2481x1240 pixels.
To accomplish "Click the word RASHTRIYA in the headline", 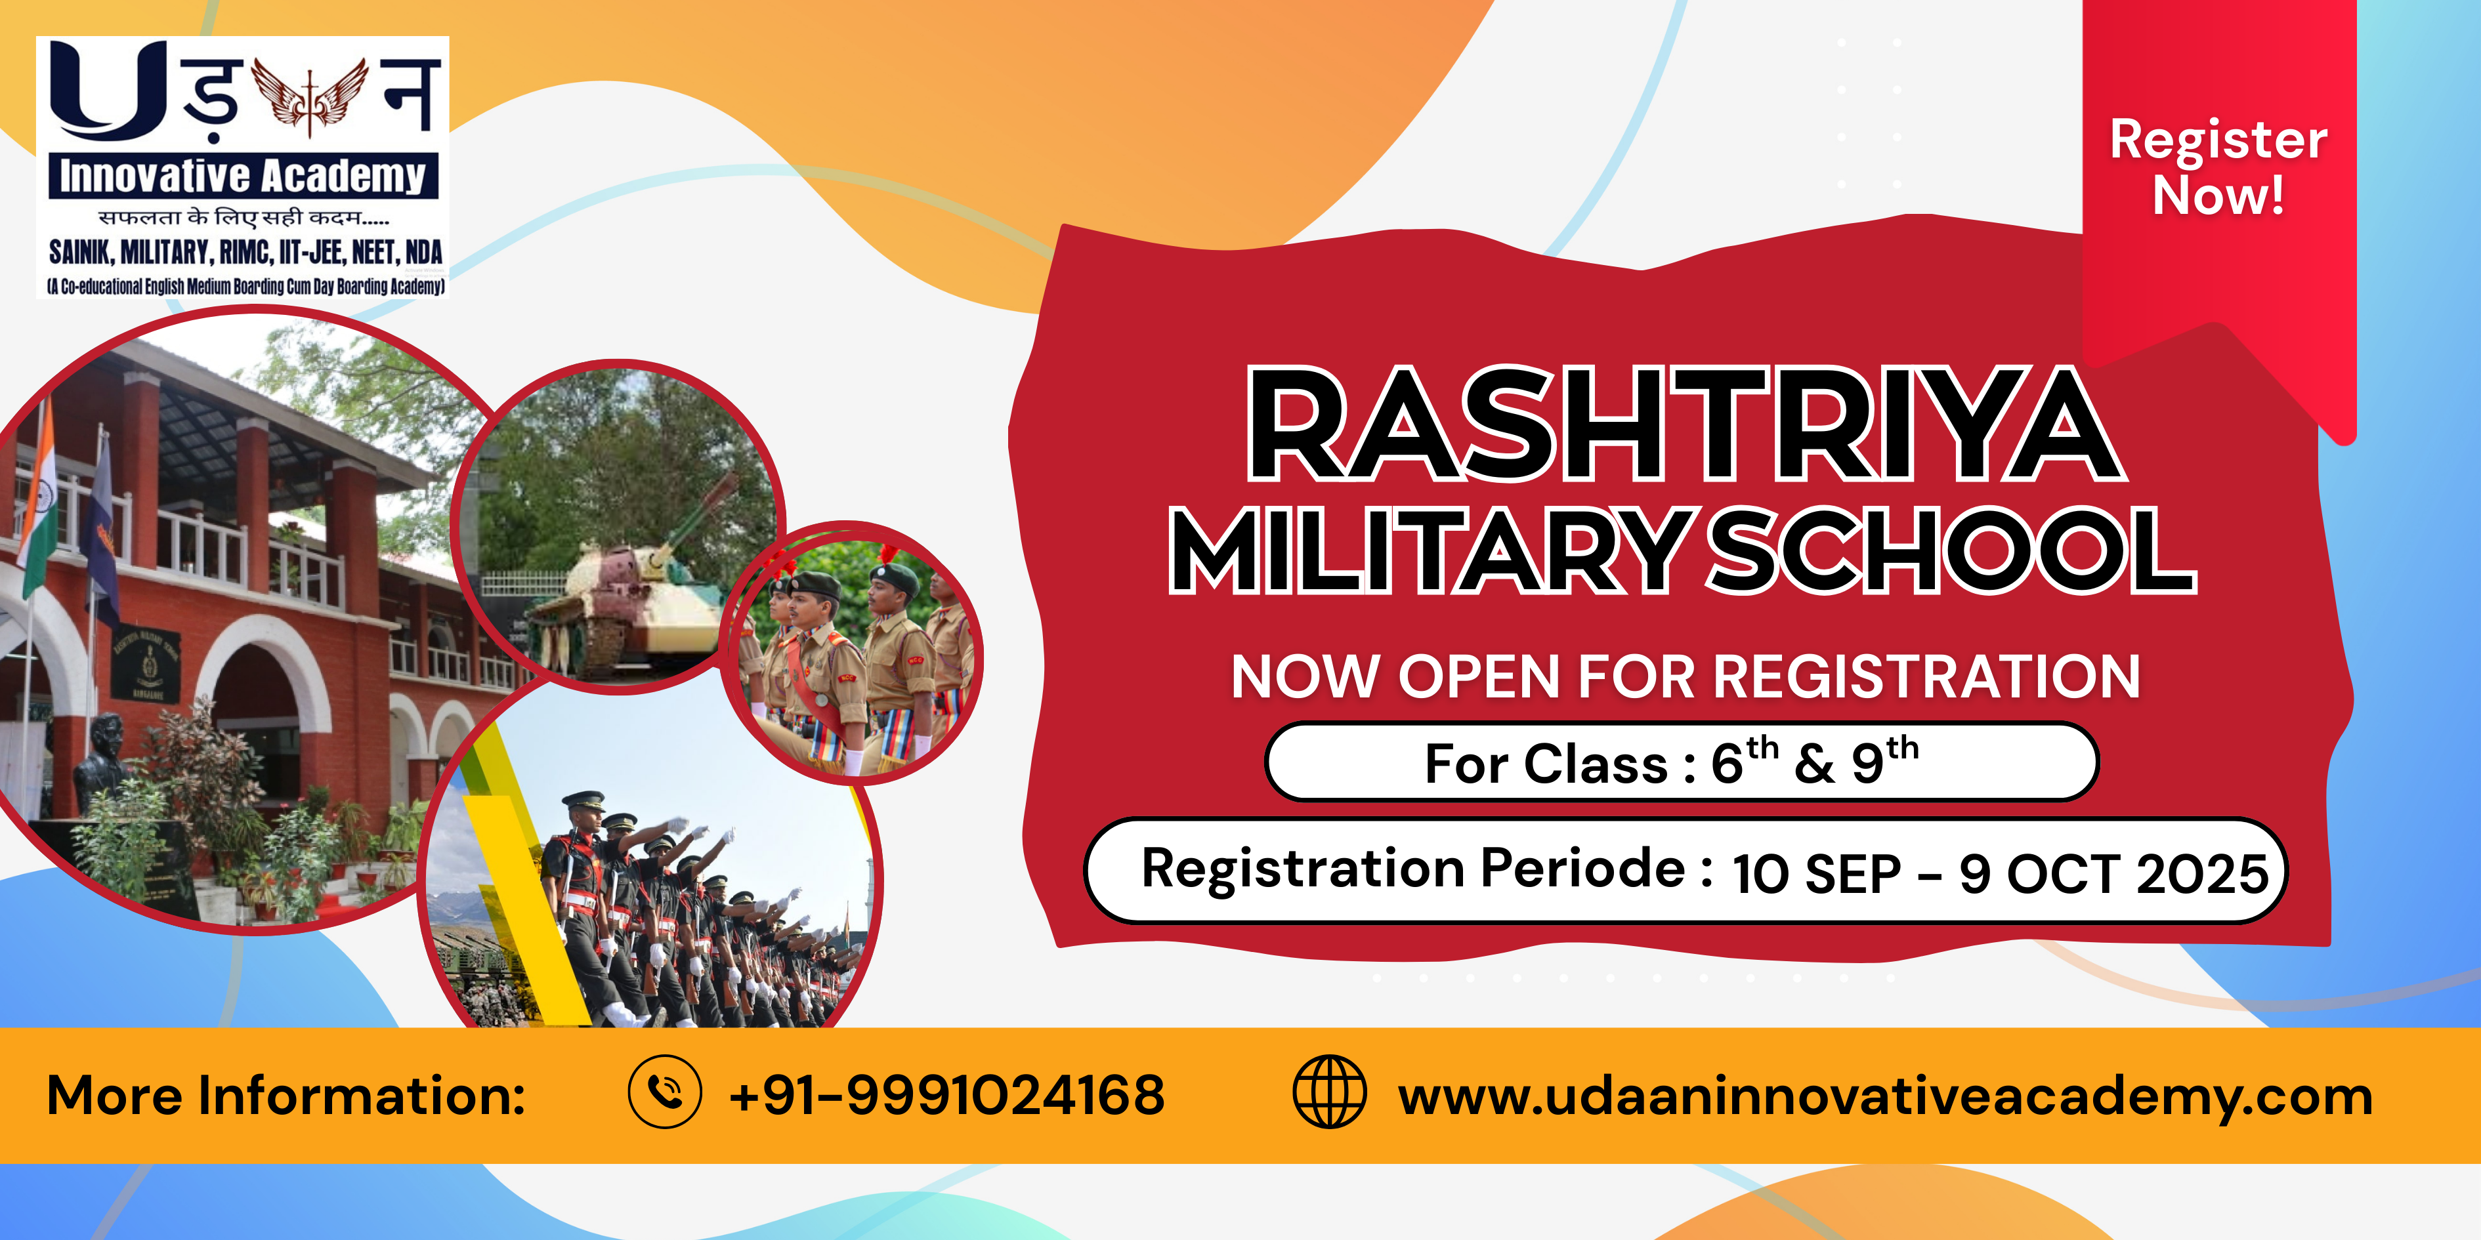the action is pos(1686,424).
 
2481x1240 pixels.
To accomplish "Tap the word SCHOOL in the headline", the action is pos(1952,550).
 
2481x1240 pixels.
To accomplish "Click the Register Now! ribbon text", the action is pos(2218,167).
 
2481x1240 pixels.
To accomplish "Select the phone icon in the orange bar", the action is pos(664,1092).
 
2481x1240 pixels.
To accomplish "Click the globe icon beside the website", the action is pos(1329,1092).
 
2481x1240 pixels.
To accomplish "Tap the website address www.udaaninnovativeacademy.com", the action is pos(1885,1096).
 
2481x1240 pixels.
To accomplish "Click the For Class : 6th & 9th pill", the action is pos(1681,762).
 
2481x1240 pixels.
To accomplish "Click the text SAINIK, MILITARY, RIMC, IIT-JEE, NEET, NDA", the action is pos(245,252).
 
